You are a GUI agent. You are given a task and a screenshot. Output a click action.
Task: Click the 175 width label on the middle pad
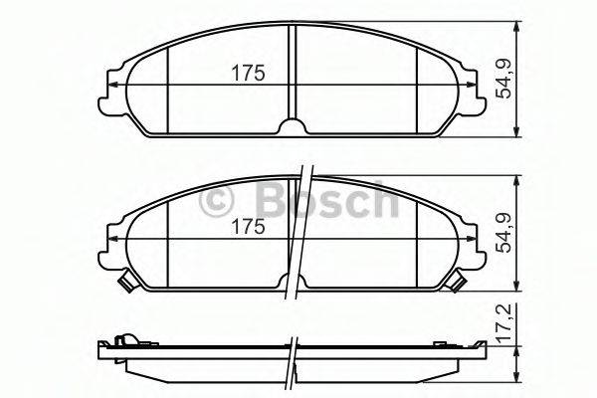click(246, 227)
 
